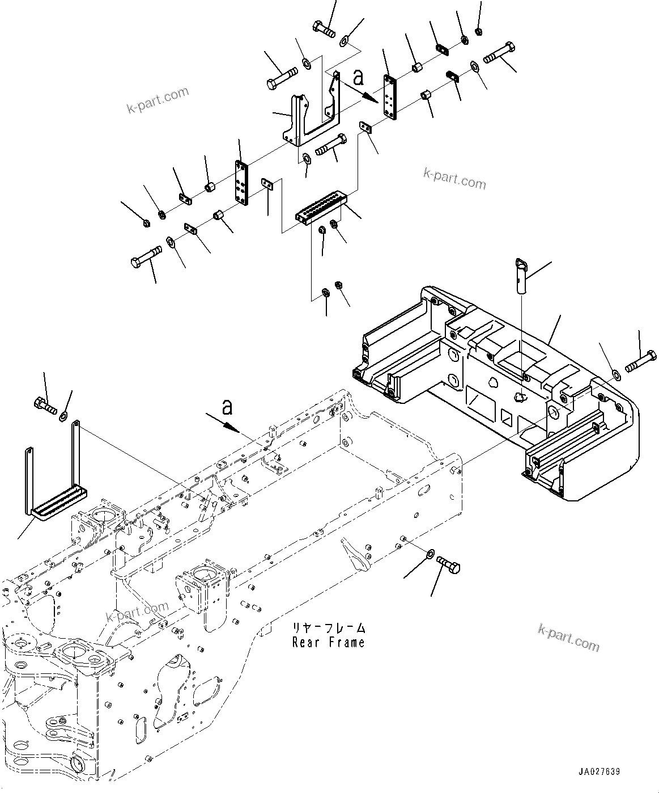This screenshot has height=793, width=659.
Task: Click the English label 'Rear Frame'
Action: (328, 642)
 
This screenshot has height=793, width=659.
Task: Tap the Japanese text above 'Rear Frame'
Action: (328, 629)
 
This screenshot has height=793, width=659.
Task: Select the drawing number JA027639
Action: (599, 772)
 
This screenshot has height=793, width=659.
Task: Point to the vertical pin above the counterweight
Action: (522, 275)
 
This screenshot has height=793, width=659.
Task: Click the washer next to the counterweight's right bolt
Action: (616, 374)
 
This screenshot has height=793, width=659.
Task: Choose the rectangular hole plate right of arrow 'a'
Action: (390, 97)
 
